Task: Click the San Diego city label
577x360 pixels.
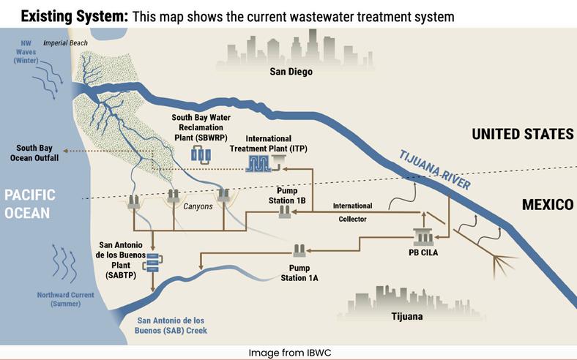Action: (291, 72)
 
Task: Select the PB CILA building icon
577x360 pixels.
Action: (423, 237)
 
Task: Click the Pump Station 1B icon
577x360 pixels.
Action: (286, 212)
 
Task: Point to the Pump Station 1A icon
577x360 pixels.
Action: (299, 250)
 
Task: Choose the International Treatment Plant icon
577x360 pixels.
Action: (258, 165)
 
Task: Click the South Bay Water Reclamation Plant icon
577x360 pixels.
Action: (201, 155)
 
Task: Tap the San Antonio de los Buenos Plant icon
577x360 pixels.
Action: (153, 261)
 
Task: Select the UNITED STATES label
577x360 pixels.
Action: (522, 135)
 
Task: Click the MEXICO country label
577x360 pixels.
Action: (547, 205)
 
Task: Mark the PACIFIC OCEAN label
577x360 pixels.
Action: (29, 203)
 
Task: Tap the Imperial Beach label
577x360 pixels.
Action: (65, 44)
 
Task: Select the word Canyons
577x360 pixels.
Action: (198, 206)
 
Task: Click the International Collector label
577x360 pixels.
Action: (353, 212)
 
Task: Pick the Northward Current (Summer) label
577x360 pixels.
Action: (65, 299)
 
